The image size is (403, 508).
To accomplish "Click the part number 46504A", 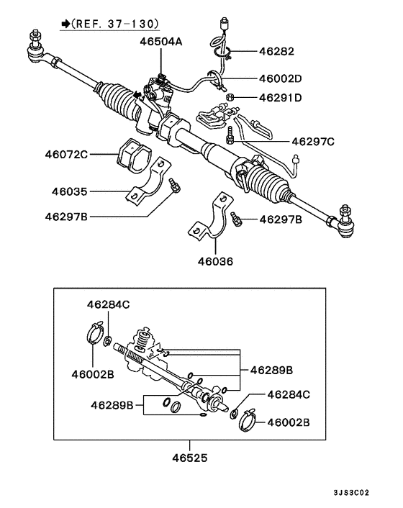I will pyautogui.click(x=161, y=42).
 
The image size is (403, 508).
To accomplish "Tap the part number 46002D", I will pyautogui.click(x=281, y=78).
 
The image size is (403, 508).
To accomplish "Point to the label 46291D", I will pyautogui.click(x=281, y=97).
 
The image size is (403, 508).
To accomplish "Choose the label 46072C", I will pyautogui.click(x=65, y=154).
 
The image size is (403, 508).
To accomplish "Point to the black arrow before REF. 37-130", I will pyautogui.click(x=66, y=24).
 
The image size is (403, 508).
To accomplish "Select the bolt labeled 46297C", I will pyautogui.click(x=231, y=135).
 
